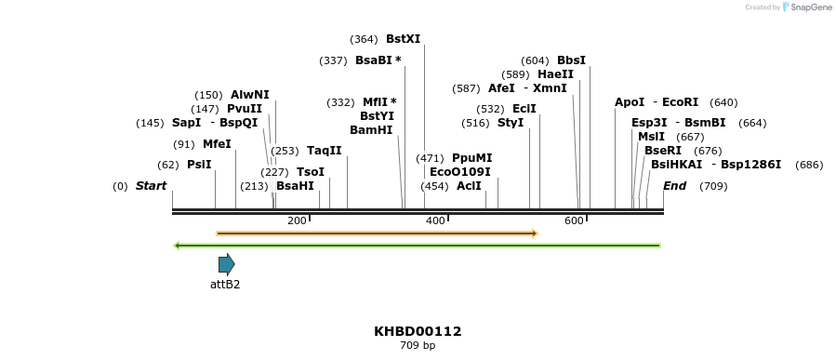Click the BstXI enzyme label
(403, 39)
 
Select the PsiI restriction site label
(199, 165)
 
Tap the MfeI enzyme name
(217, 144)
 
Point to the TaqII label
(325, 151)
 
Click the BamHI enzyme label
(371, 130)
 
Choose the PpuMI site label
(471, 158)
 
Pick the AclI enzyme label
(469, 186)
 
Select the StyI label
(511, 123)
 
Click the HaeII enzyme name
(555, 74)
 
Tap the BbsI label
(571, 60)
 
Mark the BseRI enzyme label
(663, 151)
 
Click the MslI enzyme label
(651, 137)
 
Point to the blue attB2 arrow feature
(226, 264)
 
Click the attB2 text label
(225, 285)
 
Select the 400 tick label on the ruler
(435, 220)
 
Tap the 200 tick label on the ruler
(297, 220)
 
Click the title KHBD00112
(418, 331)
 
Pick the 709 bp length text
(418, 346)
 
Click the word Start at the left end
(151, 186)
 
